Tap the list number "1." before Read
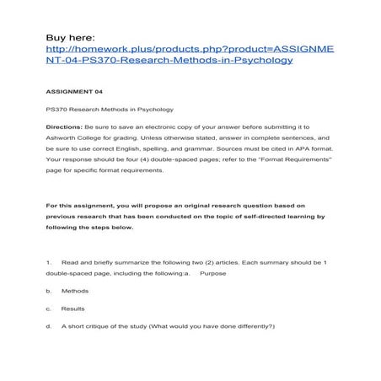coord(50,263)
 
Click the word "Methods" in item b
coord(74,291)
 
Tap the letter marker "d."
coord(50,325)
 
